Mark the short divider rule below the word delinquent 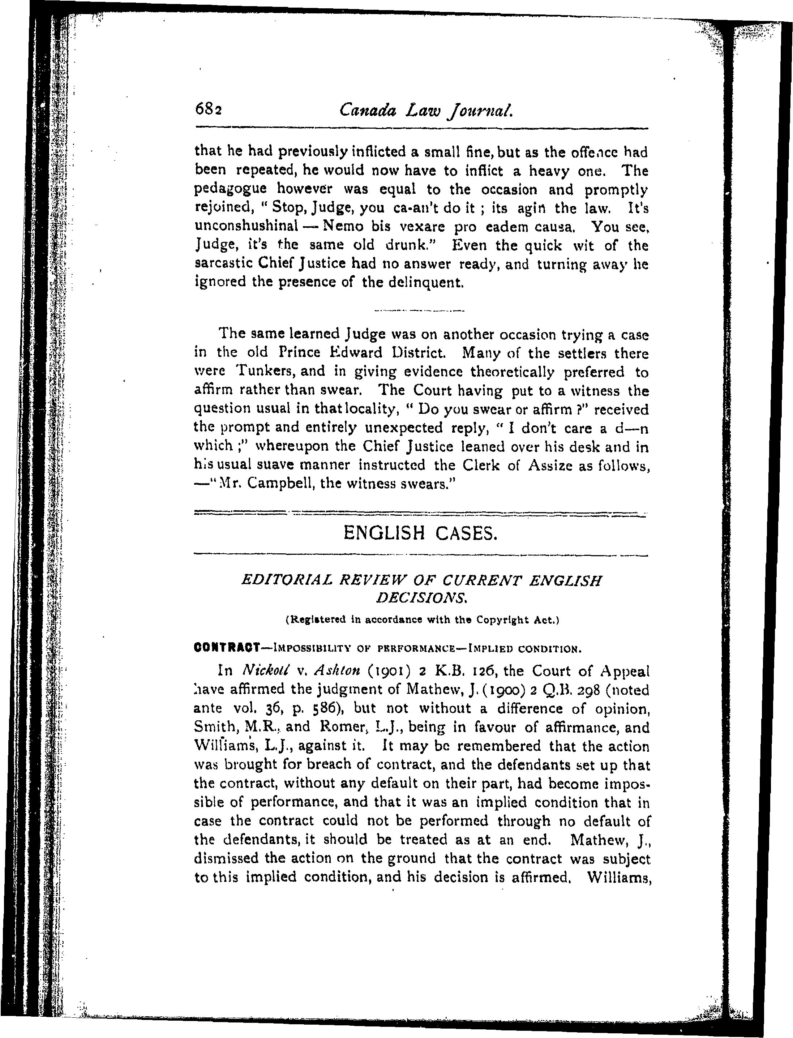[x=419, y=310]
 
